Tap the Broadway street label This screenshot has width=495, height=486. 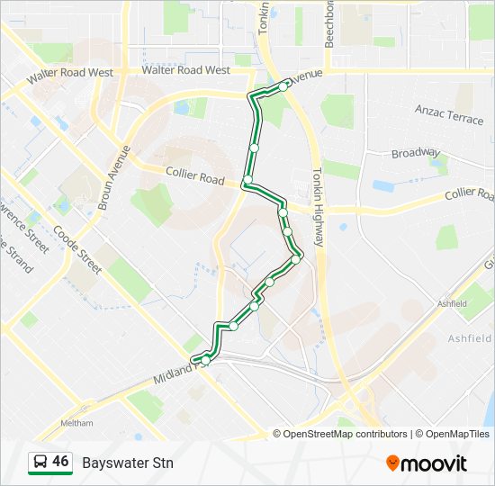tap(415, 153)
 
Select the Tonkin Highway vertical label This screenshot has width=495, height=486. tap(318, 208)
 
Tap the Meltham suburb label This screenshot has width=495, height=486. tap(76, 423)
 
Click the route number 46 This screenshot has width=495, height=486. tap(60, 462)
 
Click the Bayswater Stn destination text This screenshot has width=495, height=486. tap(128, 463)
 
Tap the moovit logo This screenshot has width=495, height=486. tap(427, 463)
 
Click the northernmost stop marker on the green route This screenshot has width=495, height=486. tap(283, 86)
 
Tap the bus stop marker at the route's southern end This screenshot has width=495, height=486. tap(205, 360)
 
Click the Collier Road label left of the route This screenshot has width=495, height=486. tap(194, 175)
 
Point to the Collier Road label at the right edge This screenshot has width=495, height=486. tap(470, 193)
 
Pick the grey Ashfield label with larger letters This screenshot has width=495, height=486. tap(470, 338)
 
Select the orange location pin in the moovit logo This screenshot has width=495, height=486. tap(393, 463)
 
